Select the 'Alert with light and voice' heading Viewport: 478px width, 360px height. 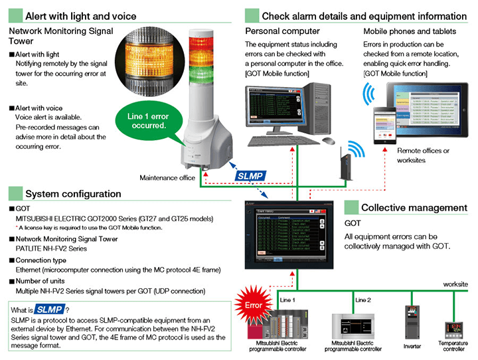80,16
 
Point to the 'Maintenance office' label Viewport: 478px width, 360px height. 167,178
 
